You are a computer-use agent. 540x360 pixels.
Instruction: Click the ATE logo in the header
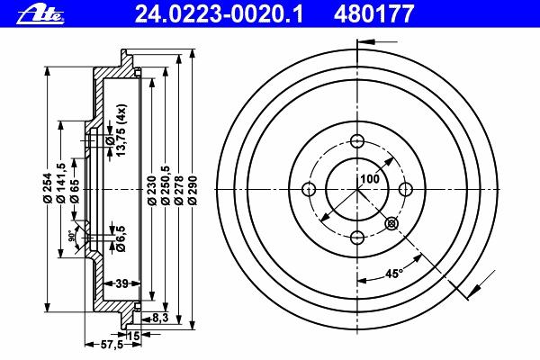40,14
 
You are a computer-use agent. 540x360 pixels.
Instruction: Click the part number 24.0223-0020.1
219,14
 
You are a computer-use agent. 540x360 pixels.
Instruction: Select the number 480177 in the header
373,14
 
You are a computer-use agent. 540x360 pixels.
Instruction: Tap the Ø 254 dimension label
48,187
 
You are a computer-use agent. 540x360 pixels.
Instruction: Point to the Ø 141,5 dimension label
60,183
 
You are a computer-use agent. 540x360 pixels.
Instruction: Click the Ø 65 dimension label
75,191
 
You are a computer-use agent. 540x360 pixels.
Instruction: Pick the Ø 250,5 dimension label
166,185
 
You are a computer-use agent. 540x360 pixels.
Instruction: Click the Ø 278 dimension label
179,191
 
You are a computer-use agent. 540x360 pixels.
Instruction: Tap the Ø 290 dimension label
193,191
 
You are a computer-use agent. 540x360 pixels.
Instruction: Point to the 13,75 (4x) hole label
121,130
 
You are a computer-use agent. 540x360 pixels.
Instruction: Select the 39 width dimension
121,283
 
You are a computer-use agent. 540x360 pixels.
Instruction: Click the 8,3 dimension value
160,318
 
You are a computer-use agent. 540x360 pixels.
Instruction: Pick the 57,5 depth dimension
112,345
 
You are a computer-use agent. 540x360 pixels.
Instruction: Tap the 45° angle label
393,274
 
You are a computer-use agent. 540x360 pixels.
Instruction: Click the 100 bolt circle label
370,179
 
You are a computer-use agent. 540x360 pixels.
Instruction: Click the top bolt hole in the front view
357,141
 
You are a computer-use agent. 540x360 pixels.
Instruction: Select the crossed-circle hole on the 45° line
391,224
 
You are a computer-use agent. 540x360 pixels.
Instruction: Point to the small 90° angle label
71,236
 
